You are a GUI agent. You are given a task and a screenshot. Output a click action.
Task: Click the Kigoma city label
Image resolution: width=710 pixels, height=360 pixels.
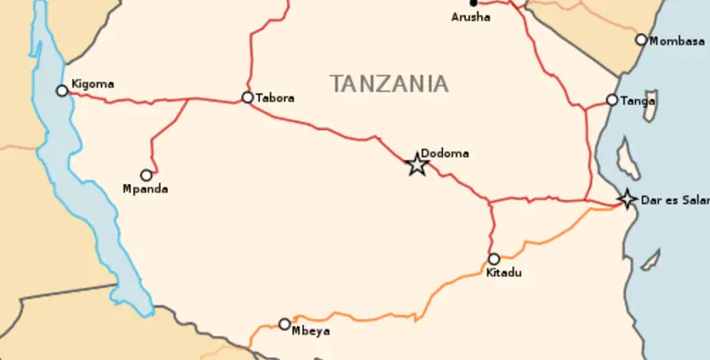tap(94, 84)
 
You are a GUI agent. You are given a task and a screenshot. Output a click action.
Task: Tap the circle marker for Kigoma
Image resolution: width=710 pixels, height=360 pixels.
tap(62, 90)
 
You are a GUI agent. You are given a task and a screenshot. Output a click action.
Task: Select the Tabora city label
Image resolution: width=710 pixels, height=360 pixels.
tap(275, 97)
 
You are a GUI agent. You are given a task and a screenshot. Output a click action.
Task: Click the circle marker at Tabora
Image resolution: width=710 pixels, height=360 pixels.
tap(247, 97)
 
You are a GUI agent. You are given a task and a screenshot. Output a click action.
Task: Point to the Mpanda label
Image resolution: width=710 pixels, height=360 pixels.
tap(145, 189)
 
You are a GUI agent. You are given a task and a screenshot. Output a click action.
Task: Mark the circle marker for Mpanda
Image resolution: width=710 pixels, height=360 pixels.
tap(146, 175)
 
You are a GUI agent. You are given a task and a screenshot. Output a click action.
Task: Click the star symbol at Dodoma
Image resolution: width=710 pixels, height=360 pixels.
tap(416, 164)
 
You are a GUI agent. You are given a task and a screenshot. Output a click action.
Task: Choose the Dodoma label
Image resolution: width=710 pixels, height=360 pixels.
tap(445, 153)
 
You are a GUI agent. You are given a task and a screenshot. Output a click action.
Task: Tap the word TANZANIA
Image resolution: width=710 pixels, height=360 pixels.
tap(389, 84)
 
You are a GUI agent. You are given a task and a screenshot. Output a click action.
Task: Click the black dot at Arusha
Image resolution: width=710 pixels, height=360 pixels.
tap(473, 3)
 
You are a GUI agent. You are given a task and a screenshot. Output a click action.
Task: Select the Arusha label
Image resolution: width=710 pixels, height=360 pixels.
tap(471, 16)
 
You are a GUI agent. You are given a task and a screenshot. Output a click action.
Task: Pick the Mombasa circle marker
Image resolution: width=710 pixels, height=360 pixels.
tap(641, 40)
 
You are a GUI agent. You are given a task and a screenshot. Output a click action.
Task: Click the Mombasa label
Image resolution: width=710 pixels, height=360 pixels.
tap(677, 41)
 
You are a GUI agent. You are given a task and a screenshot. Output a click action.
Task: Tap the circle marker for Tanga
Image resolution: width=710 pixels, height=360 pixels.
tap(612, 100)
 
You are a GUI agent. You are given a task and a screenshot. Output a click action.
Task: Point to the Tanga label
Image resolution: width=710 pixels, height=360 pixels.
tap(638, 100)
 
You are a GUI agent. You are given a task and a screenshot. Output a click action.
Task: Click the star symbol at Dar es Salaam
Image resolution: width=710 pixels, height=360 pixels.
tap(626, 198)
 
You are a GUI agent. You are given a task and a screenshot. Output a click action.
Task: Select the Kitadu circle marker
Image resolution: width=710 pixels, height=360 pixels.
tap(493, 259)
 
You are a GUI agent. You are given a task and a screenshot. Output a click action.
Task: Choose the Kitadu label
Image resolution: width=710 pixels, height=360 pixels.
tap(503, 272)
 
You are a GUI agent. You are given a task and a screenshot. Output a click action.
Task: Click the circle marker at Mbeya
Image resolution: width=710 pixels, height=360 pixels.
tap(284, 324)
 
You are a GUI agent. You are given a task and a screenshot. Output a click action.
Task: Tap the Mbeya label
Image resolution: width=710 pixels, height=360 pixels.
tap(311, 330)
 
